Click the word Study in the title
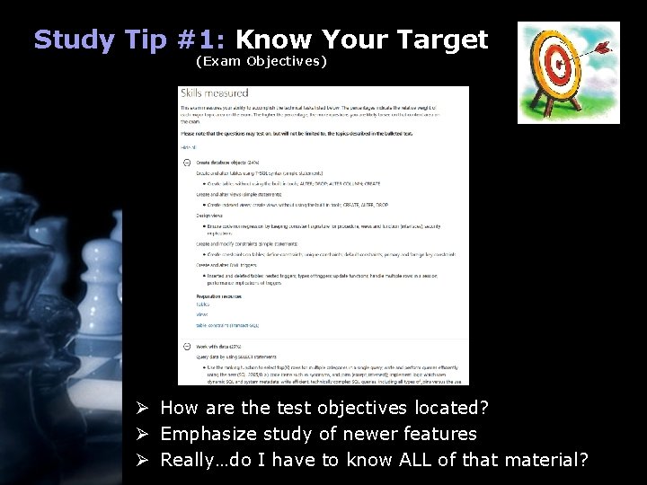click(75, 40)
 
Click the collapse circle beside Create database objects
click(186, 162)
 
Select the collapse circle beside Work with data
click(186, 347)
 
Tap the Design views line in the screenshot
click(197, 216)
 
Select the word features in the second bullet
click(439, 435)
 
